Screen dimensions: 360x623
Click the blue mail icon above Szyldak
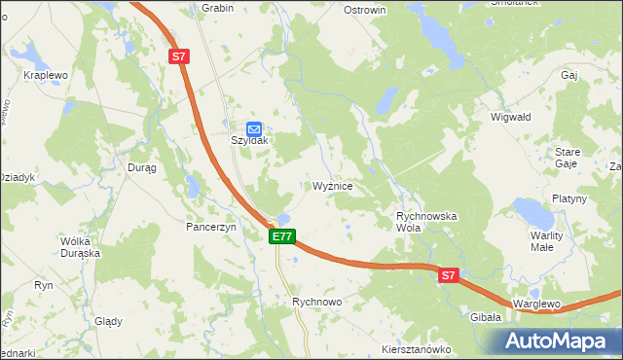(253, 126)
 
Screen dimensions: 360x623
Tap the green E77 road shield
(282, 236)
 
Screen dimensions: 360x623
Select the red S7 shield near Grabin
(178, 57)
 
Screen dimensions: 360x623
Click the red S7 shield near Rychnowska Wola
(447, 276)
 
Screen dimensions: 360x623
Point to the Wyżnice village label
(339, 185)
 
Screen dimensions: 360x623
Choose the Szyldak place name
(249, 140)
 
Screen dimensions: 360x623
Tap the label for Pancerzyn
(212, 226)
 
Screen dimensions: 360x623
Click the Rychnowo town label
(318, 303)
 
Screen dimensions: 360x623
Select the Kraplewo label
(46, 75)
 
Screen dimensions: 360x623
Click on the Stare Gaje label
(567, 158)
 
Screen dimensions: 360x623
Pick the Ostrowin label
(366, 10)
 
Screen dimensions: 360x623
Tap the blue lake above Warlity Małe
(531, 211)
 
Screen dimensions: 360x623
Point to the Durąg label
(142, 167)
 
